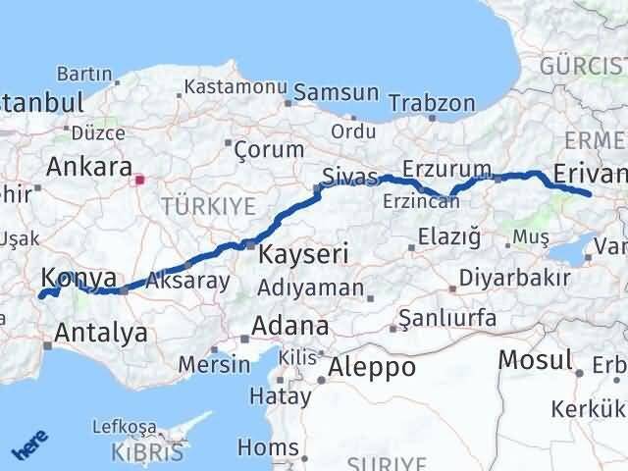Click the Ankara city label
[x=88, y=164]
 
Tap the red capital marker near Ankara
[x=140, y=180]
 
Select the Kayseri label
[x=303, y=254]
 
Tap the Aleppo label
[x=372, y=368]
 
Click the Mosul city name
[x=534, y=359]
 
